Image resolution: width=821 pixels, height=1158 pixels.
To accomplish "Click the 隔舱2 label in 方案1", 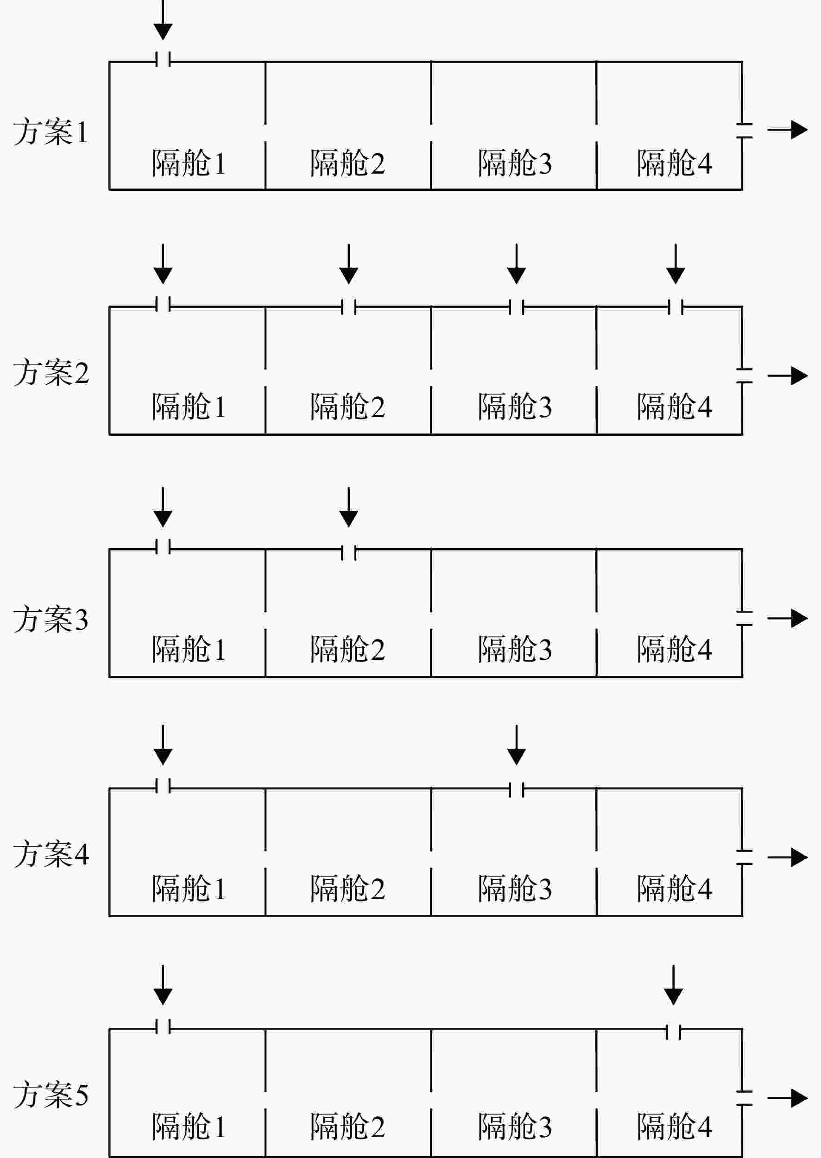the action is click(347, 163).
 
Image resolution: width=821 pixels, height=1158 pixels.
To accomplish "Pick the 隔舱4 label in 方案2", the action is click(675, 406).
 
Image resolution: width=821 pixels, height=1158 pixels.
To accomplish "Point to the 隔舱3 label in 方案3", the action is click(515, 649).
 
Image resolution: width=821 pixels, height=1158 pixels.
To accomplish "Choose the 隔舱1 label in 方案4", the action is click(189, 888).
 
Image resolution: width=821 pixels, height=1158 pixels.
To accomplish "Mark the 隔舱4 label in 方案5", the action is click(675, 1126).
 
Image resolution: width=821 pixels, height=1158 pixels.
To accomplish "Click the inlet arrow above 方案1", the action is click(163, 20).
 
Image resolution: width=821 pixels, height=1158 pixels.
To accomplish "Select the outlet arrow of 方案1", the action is click(788, 130).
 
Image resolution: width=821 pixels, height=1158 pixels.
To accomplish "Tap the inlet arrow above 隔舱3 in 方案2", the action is click(516, 264).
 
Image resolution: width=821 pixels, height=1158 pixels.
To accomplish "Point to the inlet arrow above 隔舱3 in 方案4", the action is click(516, 745).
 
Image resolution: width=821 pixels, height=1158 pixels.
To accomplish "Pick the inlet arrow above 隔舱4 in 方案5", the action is click(673, 985).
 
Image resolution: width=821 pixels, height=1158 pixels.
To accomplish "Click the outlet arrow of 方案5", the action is click(788, 1098).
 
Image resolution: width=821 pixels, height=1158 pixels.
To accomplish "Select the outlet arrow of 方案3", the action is click(788, 618).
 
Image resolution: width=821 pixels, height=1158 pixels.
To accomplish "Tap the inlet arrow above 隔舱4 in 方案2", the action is click(676, 264).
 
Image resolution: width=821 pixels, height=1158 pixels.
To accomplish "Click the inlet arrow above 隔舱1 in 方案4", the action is click(163, 745).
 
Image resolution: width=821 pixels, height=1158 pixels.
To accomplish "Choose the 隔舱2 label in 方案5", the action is click(347, 1126).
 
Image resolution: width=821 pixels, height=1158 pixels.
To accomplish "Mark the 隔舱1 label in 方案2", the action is click(189, 406).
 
